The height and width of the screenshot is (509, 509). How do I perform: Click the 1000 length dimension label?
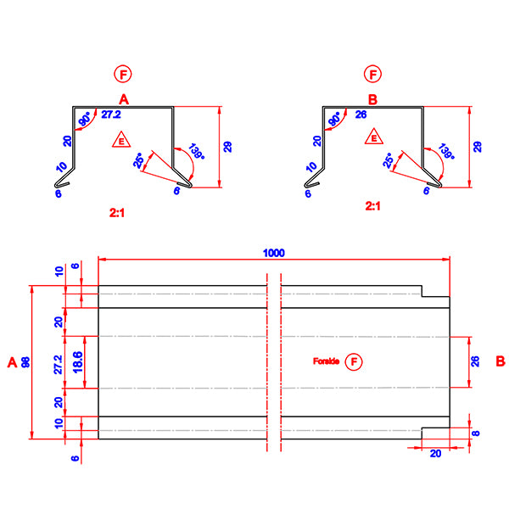274,252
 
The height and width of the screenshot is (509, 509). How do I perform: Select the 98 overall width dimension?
25,362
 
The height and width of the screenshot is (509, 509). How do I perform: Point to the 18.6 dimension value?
77,362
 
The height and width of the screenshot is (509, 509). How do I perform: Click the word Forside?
327,362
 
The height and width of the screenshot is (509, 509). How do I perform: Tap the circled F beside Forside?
355,362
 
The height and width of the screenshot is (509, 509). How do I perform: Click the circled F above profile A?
125,75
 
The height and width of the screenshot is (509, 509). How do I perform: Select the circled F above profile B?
373,75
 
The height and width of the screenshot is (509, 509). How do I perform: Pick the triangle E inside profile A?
122,140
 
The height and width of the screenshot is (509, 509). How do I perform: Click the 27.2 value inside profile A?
111,114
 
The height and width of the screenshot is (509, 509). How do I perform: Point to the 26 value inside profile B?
361,114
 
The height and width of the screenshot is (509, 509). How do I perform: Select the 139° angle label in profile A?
197,152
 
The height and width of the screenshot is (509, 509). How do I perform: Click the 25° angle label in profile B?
389,161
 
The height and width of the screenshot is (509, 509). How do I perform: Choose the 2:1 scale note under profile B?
372,206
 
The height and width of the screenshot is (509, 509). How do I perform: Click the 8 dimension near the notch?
476,433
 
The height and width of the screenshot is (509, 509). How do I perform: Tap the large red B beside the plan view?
501,362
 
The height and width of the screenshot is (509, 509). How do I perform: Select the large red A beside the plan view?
11,362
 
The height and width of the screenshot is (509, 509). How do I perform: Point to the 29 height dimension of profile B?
478,146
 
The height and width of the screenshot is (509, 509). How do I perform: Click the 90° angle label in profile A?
85,120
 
